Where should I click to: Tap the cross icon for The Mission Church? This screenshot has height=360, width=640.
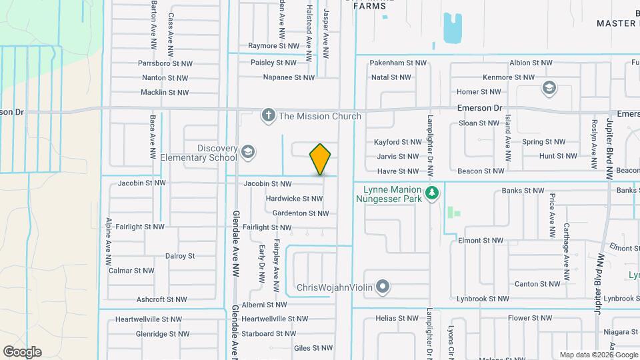(268, 116)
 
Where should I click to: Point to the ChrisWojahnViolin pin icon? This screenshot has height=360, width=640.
(382, 288)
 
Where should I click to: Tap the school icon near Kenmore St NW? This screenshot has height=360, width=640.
(549, 87)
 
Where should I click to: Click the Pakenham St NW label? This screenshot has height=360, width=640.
(398, 63)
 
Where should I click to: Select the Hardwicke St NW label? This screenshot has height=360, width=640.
(294, 199)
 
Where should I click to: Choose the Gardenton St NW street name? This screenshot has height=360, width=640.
(301, 213)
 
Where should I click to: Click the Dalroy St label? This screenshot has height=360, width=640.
(179, 255)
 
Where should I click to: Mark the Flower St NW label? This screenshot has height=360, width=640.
(527, 319)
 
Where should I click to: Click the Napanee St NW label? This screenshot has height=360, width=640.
(289, 77)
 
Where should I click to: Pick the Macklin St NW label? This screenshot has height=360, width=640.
(165, 93)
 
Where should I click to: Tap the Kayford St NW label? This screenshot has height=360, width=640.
(397, 142)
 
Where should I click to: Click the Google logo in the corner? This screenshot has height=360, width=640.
(22, 351)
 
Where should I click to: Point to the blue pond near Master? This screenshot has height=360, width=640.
(453, 28)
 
